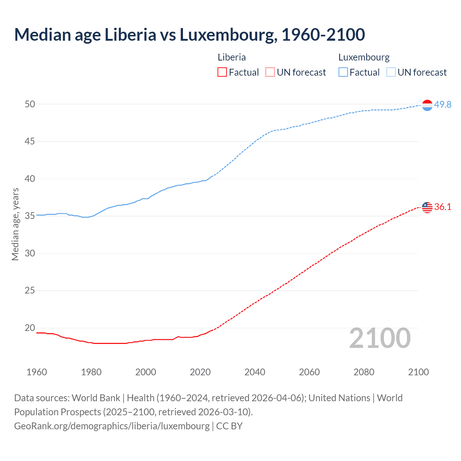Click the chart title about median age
[x=189, y=35]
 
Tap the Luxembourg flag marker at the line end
[x=427, y=105]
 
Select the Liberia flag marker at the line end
[x=427, y=207]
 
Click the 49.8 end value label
[x=443, y=104]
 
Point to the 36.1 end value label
[x=443, y=207]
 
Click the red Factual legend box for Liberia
[x=222, y=72]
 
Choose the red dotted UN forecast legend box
[x=270, y=72]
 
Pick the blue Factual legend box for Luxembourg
[x=343, y=72]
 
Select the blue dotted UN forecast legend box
[x=391, y=72]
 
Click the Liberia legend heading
[x=232, y=57]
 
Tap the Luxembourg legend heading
[x=364, y=57]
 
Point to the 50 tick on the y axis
[x=30, y=104]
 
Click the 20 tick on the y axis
[x=30, y=328]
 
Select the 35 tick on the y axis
[x=30, y=216]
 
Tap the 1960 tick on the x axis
[x=37, y=372]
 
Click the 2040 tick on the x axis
[x=255, y=372]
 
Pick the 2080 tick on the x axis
[x=364, y=372]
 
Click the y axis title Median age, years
[x=15, y=224]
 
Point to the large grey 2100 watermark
[x=380, y=338]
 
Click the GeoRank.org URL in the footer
[x=112, y=426]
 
